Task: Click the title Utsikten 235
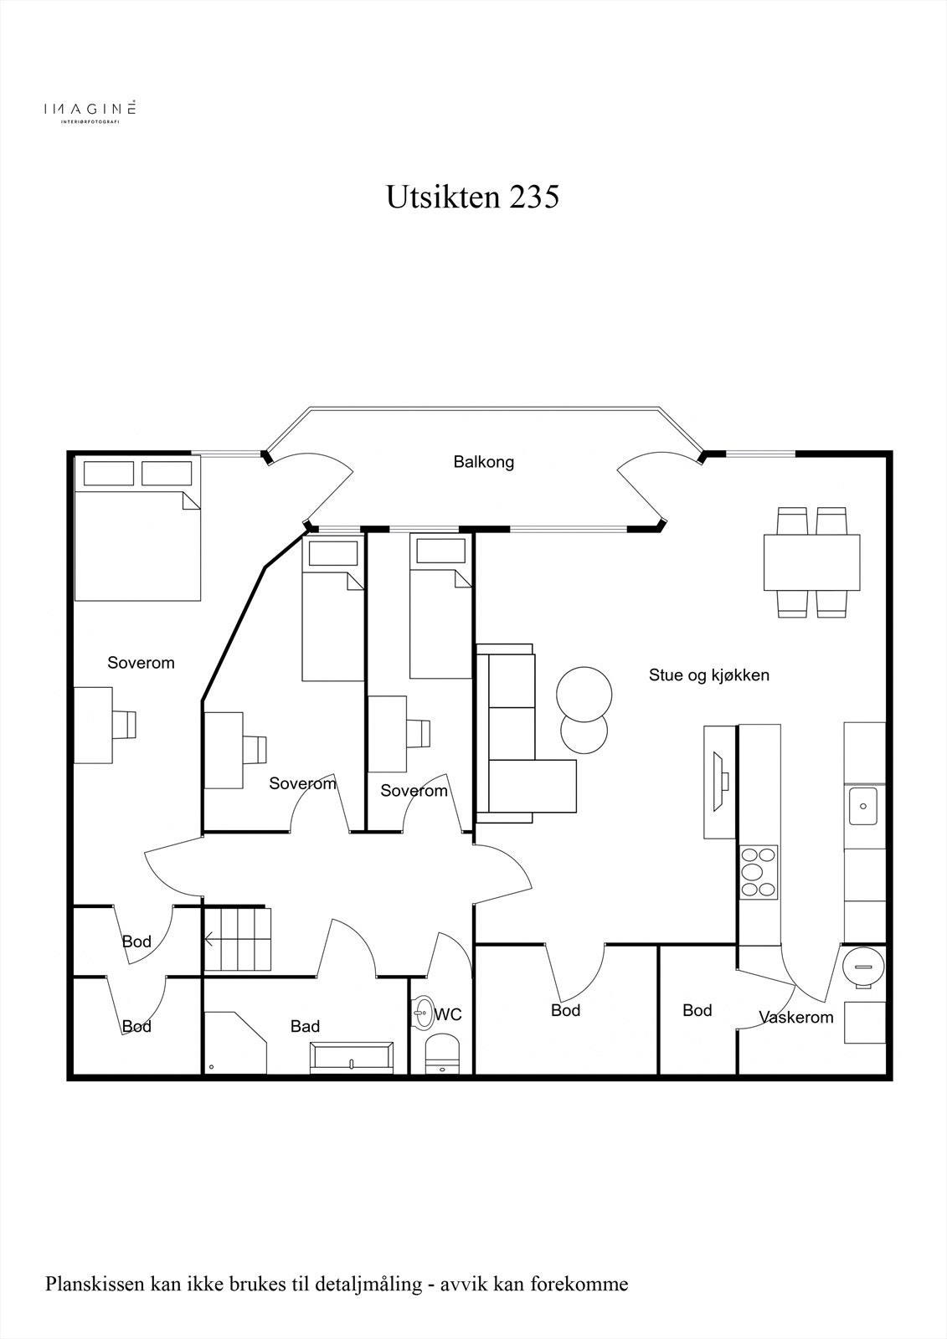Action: coord(472,197)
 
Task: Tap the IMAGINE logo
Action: coord(90,110)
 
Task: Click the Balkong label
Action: coord(483,462)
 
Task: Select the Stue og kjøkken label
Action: coord(709,675)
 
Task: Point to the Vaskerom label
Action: coord(795,1018)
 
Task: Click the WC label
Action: coord(448,1014)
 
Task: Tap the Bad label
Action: coord(305,1026)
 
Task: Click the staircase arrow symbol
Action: coord(210,941)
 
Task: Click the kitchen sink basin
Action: coord(862,806)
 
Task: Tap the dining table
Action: coord(812,562)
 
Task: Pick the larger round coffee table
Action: coord(584,695)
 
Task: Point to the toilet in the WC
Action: coord(441,1055)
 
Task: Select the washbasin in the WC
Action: coord(424,1013)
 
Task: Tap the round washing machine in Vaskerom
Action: coord(863,967)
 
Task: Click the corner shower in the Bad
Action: coord(235,1043)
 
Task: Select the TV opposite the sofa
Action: coord(720,782)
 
